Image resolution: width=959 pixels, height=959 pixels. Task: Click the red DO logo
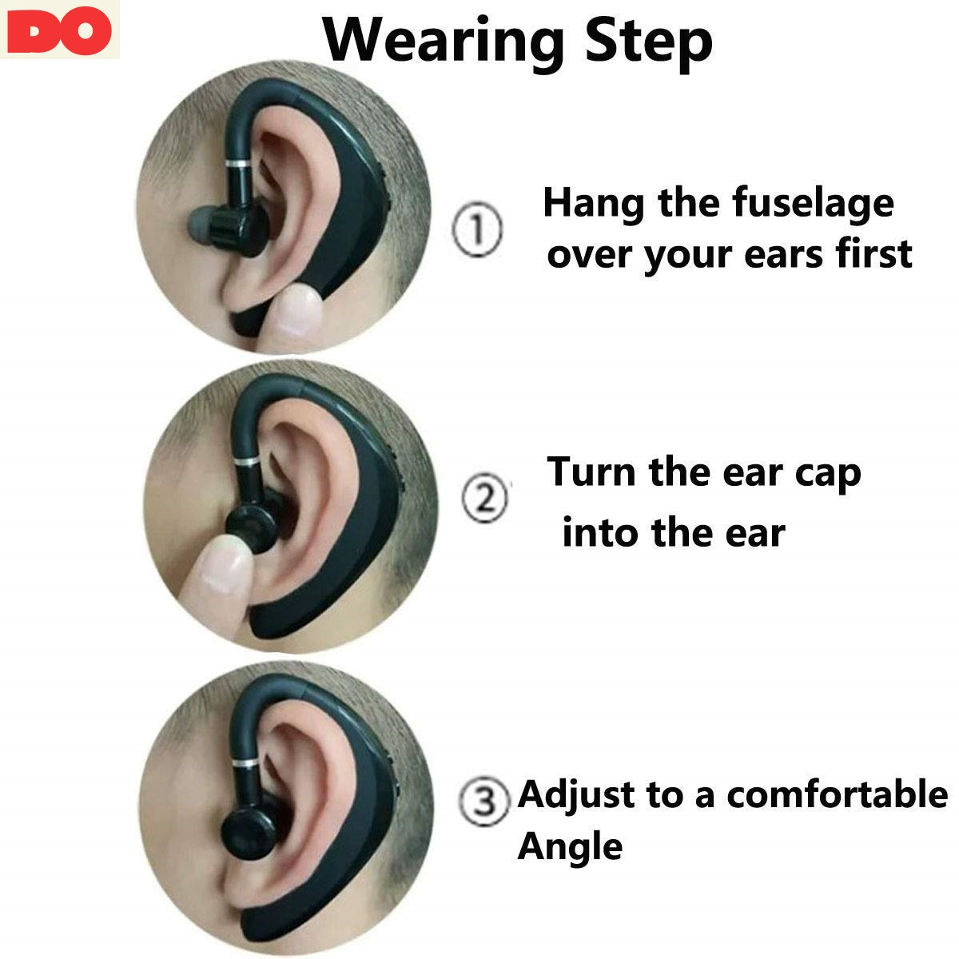pos(59,30)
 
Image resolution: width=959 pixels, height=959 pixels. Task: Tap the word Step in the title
pos(648,43)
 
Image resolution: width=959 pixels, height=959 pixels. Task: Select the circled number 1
pos(477,229)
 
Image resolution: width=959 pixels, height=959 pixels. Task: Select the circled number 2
pos(485,498)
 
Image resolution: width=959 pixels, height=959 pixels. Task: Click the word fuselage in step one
pos(812,205)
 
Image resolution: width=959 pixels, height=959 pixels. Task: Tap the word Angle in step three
pos(570,848)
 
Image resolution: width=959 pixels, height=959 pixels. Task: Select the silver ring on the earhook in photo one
pos(238,163)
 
